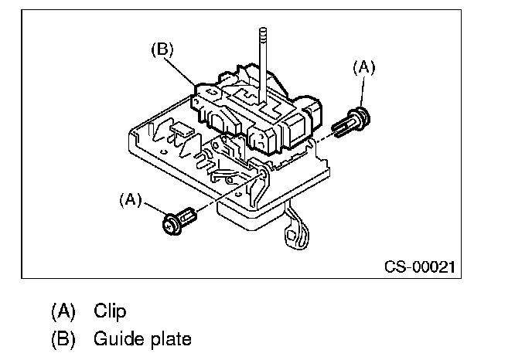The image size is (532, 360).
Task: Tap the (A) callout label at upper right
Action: (363, 68)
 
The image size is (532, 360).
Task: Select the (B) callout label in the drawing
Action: (162, 49)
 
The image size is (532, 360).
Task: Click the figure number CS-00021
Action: (420, 267)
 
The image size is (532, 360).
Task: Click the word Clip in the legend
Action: (110, 311)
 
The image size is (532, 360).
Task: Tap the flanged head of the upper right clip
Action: (364, 116)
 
